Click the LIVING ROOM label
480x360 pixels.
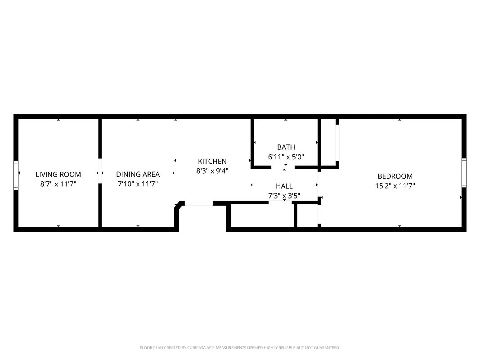pyautogui.click(x=58, y=174)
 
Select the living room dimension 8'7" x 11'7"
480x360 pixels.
pyautogui.click(x=58, y=184)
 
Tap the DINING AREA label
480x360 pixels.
pyautogui.click(x=138, y=174)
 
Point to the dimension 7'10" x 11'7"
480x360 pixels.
pyautogui.click(x=138, y=184)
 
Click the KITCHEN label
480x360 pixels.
pyautogui.click(x=212, y=161)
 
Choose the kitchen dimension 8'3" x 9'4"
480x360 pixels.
pyautogui.click(x=212, y=171)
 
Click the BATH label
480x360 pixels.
pyautogui.click(x=286, y=147)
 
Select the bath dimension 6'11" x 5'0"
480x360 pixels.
pyautogui.click(x=286, y=157)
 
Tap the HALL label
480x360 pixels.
pyautogui.click(x=284, y=186)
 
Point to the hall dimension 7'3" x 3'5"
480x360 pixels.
pyautogui.click(x=284, y=196)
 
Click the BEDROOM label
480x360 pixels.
pyautogui.click(x=395, y=176)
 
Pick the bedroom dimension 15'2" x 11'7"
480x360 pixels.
pyautogui.click(x=395, y=185)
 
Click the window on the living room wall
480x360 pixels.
pyautogui.click(x=16, y=175)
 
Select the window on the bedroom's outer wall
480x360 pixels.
pyautogui.click(x=464, y=173)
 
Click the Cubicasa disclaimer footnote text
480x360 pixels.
pyautogui.click(x=240, y=348)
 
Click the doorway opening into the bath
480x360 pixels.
pyautogui.click(x=283, y=167)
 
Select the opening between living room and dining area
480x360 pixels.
pyautogui.click(x=100, y=171)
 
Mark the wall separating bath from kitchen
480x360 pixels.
pyautogui.click(x=252, y=142)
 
